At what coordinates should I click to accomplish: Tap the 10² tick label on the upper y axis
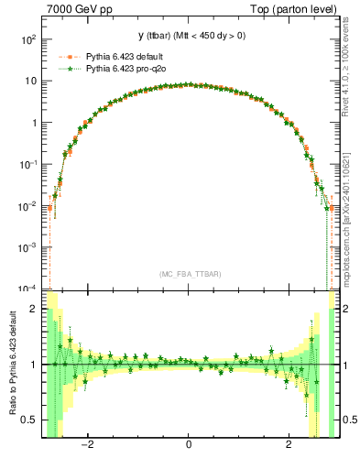(x=28, y=40)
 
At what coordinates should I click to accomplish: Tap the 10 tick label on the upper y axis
(x=31, y=82)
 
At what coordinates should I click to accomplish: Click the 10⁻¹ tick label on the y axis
(x=28, y=164)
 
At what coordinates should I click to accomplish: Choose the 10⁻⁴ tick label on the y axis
(x=28, y=288)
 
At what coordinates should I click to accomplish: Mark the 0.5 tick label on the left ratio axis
(x=31, y=420)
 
